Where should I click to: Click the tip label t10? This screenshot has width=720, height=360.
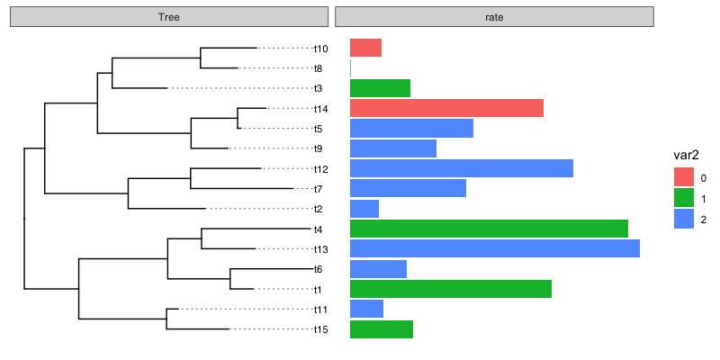click(x=321, y=49)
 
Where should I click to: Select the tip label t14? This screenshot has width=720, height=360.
click(x=321, y=109)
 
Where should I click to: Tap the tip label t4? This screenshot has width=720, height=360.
click(x=319, y=229)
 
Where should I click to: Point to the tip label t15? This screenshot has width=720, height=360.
click(x=321, y=329)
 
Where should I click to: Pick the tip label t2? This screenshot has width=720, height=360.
click(x=319, y=209)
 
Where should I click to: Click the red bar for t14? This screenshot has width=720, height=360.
click(x=446, y=108)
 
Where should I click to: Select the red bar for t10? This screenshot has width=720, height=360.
click(x=365, y=48)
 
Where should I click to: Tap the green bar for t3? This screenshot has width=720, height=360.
click(x=380, y=88)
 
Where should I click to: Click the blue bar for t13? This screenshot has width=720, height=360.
click(x=494, y=248)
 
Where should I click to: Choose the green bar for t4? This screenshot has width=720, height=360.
click(x=489, y=229)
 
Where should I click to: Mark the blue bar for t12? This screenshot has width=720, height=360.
click(x=461, y=168)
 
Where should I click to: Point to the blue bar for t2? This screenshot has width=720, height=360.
click(x=364, y=209)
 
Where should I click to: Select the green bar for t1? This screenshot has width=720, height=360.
click(x=450, y=289)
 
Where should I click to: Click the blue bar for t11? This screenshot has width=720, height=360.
click(x=366, y=309)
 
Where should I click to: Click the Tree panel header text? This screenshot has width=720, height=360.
click(x=168, y=17)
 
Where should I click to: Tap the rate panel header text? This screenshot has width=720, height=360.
click(x=494, y=17)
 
